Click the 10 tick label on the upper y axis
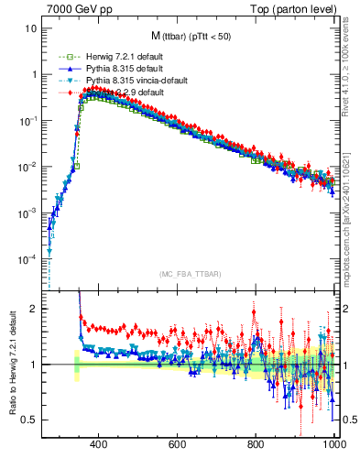[32, 28]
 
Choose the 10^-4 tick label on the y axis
[29, 259]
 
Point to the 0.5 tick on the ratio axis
[32, 420]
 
